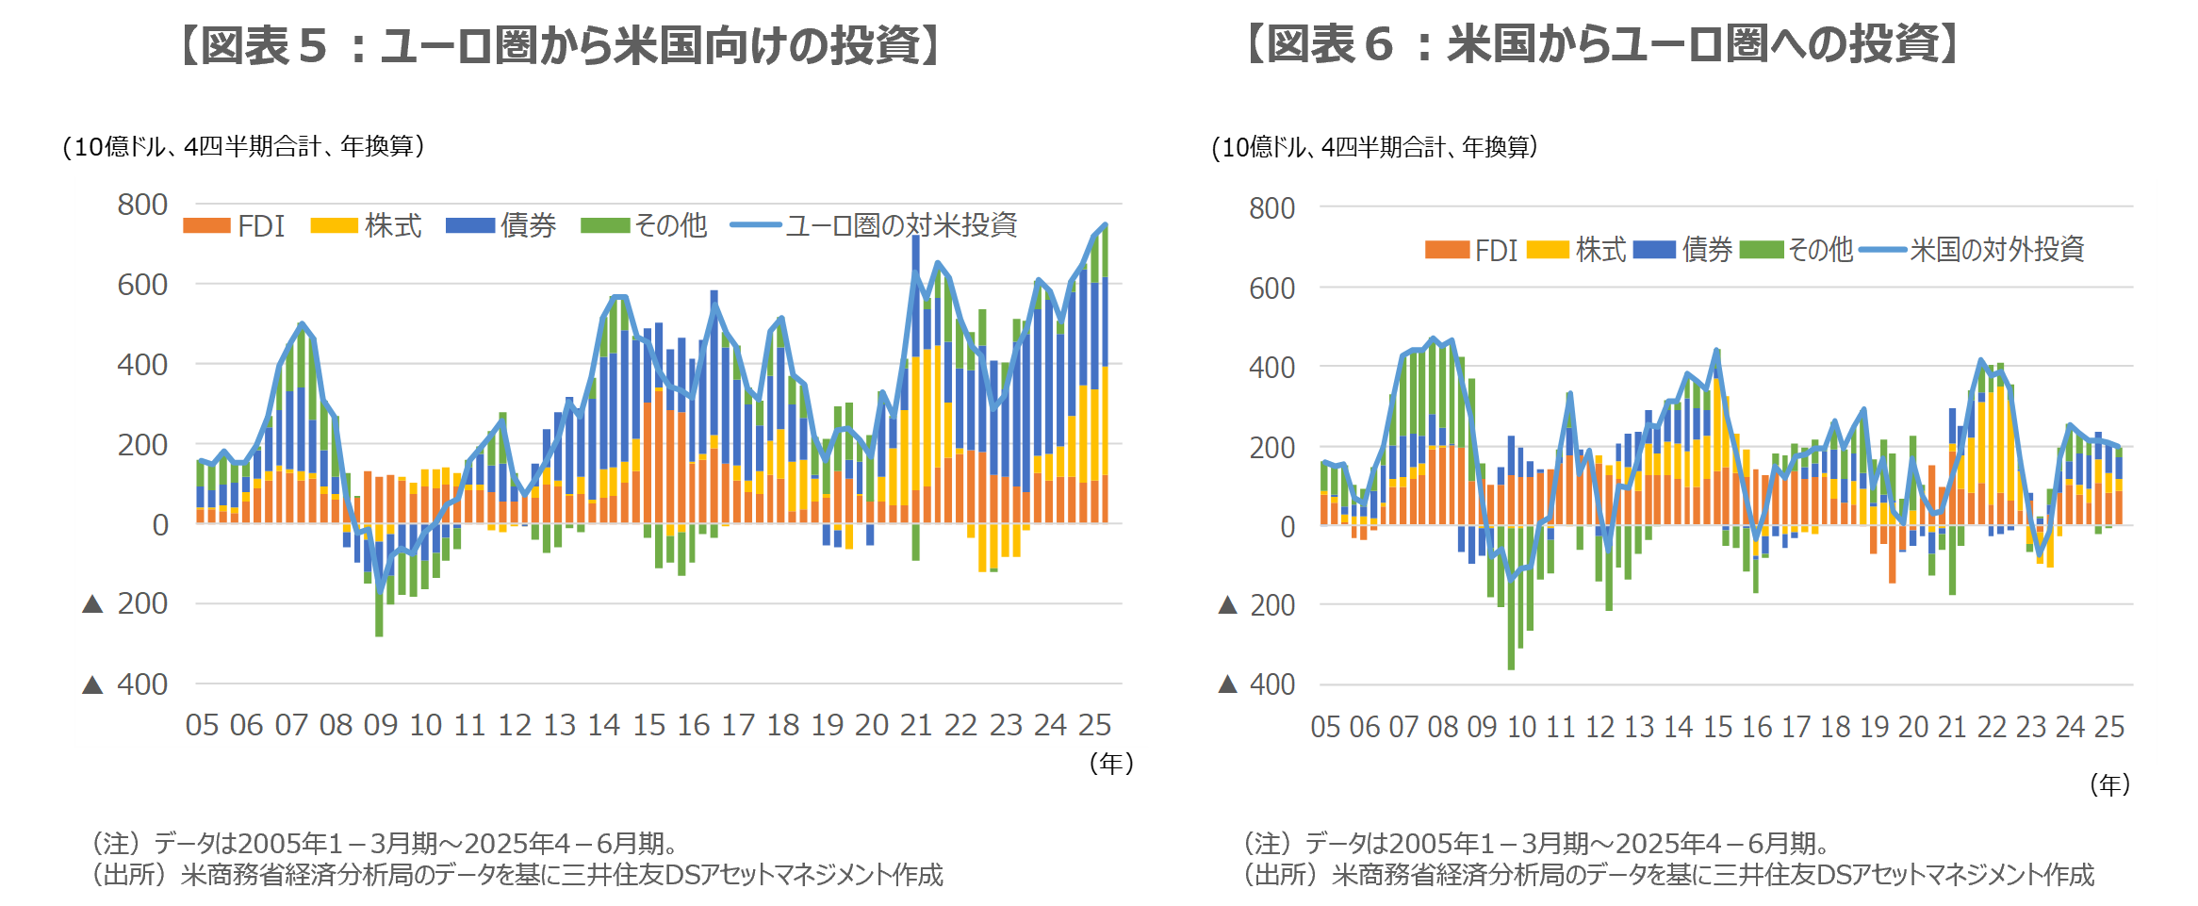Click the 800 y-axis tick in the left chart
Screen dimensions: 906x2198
[x=142, y=205]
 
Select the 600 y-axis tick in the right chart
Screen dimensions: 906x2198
[x=1271, y=288]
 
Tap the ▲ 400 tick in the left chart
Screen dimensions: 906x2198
[x=126, y=684]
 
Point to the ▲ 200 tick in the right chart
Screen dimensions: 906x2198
[x=1257, y=605]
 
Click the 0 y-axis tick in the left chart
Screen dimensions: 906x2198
[x=160, y=525]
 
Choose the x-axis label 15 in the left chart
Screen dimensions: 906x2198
[x=648, y=725]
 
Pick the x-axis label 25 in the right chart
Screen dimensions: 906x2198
[x=2109, y=727]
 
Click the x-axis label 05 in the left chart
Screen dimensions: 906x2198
[x=202, y=725]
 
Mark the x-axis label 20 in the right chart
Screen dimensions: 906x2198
[x=1913, y=727]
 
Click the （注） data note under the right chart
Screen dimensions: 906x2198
[x=1536, y=843]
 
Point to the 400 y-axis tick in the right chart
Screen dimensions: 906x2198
[x=1271, y=368]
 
